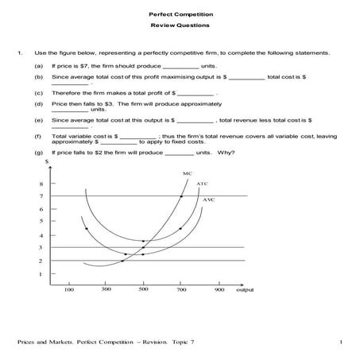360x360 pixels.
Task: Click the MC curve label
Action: coord(187,172)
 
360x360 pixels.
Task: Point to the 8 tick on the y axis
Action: coord(41,184)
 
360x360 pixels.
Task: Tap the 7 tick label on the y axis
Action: coord(41,195)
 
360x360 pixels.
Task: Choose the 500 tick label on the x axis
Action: coord(143,290)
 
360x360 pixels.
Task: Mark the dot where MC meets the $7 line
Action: coord(181,195)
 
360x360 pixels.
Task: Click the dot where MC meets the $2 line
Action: coord(122,261)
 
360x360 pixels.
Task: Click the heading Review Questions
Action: coord(180,26)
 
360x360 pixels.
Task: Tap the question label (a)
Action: coord(39,66)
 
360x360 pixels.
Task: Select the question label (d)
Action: coord(39,104)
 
